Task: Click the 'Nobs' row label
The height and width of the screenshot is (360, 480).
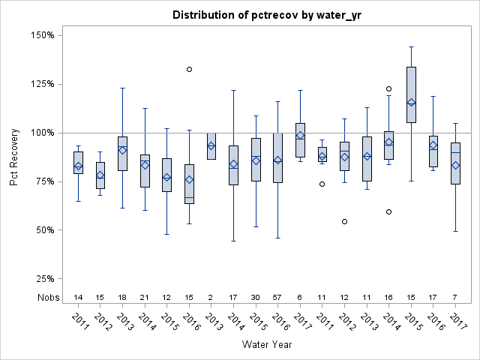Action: pos(46,297)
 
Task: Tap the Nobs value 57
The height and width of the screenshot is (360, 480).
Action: pos(278,297)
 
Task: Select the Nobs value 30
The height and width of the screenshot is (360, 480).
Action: pos(256,297)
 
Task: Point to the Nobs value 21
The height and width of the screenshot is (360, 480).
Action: pos(145,297)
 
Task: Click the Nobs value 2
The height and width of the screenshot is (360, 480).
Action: pos(211,297)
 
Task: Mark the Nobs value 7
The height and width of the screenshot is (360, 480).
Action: pos(455,297)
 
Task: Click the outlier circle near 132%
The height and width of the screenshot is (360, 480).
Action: pos(189,69)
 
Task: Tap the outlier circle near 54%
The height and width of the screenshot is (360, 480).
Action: pos(344,221)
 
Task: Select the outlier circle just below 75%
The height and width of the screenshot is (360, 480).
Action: pos(322,184)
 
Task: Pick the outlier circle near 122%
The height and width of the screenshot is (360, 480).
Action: pos(388,88)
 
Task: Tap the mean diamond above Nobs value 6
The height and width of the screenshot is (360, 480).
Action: pos(300,136)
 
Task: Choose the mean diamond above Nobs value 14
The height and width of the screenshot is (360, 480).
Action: pos(78,166)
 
